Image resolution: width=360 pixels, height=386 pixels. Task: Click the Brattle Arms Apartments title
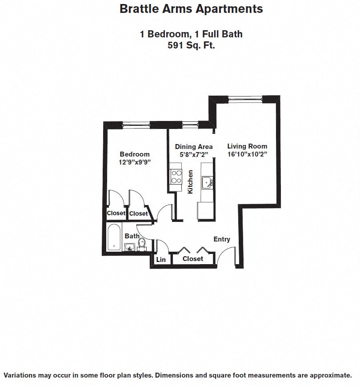pyautogui.click(x=191, y=9)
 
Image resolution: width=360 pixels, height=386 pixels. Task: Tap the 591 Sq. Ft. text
pyautogui.click(x=191, y=45)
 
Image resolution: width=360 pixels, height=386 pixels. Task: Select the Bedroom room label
pyautogui.click(x=135, y=154)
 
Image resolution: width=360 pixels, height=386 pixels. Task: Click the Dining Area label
pyautogui.click(x=193, y=146)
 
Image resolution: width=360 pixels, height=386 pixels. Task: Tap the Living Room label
pyautogui.click(x=247, y=146)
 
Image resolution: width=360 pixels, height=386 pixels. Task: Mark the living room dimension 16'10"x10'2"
pyautogui.click(x=247, y=154)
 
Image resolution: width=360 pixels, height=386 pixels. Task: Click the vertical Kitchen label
pyautogui.click(x=190, y=181)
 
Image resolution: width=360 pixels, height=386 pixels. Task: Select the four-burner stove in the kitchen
pyautogui.click(x=176, y=177)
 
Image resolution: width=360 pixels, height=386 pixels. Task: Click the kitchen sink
pyautogui.click(x=207, y=182)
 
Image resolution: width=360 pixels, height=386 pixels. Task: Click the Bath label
pyautogui.click(x=132, y=236)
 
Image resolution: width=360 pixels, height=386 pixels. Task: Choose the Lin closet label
pyautogui.click(x=161, y=260)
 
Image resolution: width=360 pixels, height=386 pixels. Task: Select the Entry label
pyautogui.click(x=222, y=239)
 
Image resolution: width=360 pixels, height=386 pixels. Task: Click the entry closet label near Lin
pyautogui.click(x=193, y=258)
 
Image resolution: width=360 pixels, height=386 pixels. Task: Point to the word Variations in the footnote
pyautogui.click(x=22, y=375)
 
